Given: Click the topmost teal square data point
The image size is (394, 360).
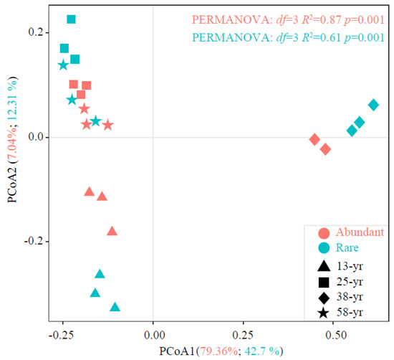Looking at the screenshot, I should click(71, 19).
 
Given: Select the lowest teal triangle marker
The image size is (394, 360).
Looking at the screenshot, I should click(115, 307).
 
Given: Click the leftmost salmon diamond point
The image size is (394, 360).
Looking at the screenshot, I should click(314, 139).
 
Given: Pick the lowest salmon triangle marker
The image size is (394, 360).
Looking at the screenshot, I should click(112, 231).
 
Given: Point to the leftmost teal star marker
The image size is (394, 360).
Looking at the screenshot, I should click(63, 65).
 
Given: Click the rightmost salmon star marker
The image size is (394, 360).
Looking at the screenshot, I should click(108, 125).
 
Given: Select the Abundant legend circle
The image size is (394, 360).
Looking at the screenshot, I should click(324, 232).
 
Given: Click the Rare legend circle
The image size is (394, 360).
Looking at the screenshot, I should click(324, 247).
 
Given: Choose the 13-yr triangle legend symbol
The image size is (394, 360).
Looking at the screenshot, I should click(324, 265).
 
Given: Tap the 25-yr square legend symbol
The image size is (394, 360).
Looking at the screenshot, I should click(324, 280).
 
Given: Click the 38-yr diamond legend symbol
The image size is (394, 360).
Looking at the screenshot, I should click(324, 296).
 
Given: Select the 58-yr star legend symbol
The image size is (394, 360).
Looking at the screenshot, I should click(324, 313).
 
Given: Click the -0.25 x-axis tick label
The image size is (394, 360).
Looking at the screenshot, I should click(62, 335).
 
